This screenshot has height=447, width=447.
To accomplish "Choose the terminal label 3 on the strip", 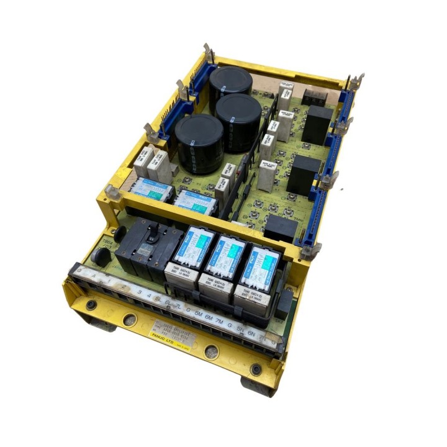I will point(140,292).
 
